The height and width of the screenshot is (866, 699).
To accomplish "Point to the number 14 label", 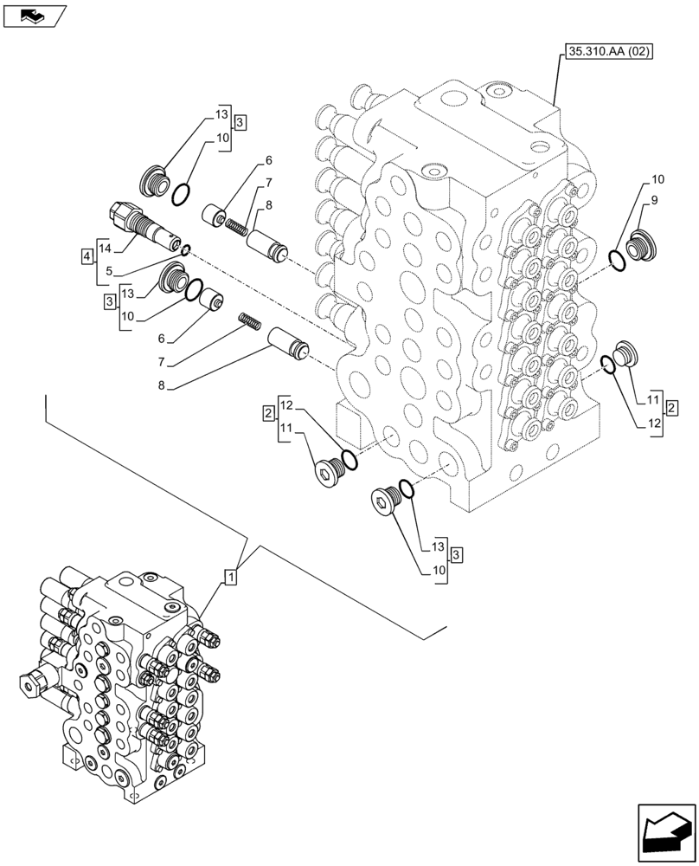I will (x=105, y=248).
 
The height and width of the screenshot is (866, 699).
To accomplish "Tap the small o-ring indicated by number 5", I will (x=186, y=253).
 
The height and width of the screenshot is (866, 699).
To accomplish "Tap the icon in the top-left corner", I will (x=34, y=15).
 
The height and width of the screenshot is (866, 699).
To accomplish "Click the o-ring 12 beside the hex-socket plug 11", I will (x=348, y=459).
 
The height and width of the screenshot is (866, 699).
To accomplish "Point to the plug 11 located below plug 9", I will (x=624, y=353).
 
